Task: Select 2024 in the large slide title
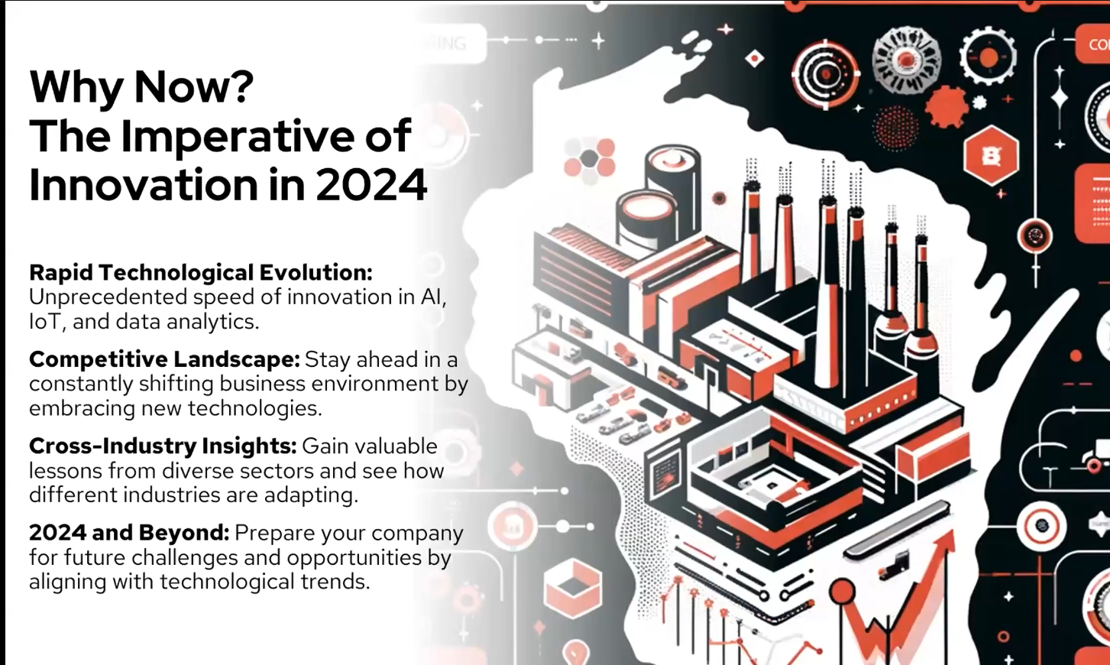point(371,185)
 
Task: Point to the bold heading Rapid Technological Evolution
point(200,272)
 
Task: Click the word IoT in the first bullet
point(44,322)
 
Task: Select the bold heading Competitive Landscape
point(164,358)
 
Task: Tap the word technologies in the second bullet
point(254,408)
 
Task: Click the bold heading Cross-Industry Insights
point(163,446)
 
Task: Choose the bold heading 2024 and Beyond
point(129,532)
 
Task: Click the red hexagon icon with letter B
point(991,157)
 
